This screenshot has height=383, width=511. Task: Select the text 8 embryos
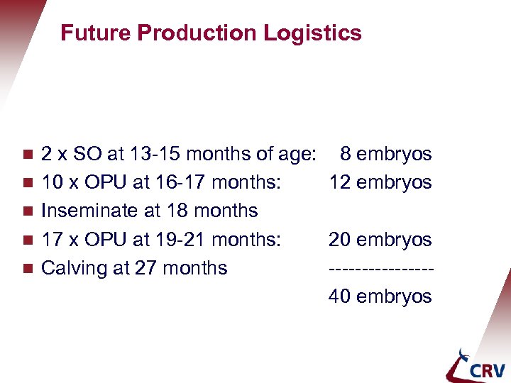(385, 154)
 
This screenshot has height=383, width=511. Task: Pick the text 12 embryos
(380, 182)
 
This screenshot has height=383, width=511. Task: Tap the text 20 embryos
(380, 240)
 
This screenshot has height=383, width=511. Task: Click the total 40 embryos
(380, 296)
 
